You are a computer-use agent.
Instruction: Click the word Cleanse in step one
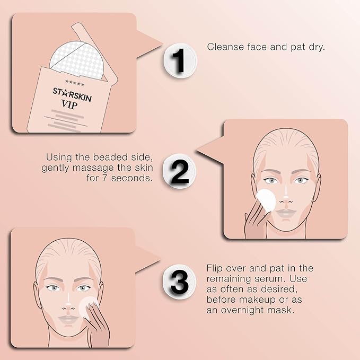click(x=224, y=47)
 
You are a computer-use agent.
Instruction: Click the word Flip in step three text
click(x=215, y=268)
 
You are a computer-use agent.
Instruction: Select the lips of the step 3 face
click(x=68, y=320)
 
